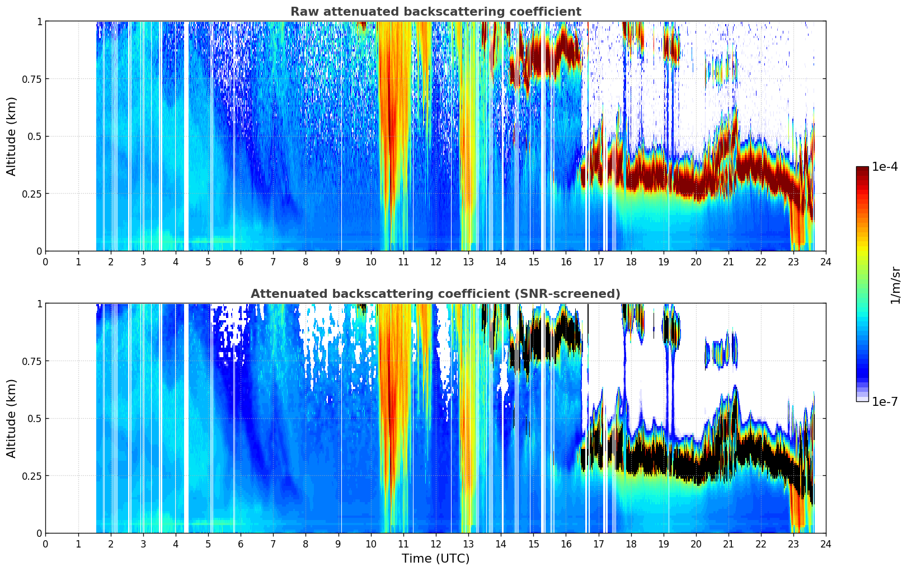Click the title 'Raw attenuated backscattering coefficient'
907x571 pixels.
point(435,12)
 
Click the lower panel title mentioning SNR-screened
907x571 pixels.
point(435,294)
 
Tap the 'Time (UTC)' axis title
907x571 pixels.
point(435,559)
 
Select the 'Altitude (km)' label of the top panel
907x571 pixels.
point(12,136)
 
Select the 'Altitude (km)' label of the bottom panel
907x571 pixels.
point(12,418)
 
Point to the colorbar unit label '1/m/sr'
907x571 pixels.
point(895,284)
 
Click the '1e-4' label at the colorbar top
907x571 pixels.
point(885,167)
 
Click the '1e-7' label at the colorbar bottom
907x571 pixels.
point(885,401)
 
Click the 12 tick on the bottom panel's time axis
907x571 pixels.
point(436,544)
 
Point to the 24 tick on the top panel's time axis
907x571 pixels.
point(826,261)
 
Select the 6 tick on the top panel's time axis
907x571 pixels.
point(241,261)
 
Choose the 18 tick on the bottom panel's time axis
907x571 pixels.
point(631,544)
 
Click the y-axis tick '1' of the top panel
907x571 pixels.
point(39,21)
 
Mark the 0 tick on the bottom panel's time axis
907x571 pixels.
point(46,544)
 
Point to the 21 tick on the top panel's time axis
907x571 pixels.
point(728,261)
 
